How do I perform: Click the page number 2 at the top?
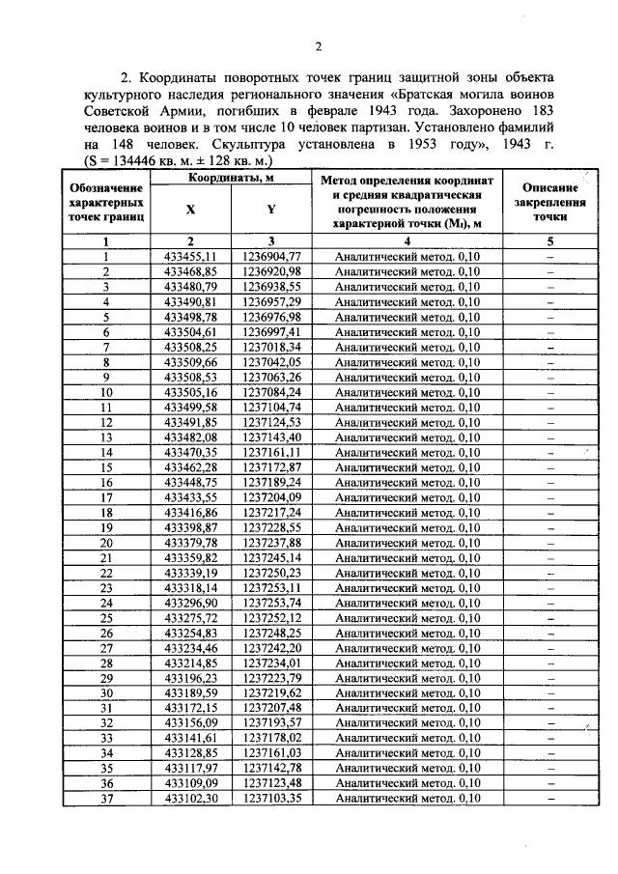click(317, 46)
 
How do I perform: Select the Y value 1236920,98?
click(272, 272)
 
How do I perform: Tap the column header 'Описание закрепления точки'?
click(549, 204)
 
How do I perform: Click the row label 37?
click(107, 799)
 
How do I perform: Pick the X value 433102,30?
click(190, 799)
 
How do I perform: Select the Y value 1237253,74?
click(272, 603)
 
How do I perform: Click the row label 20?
click(107, 543)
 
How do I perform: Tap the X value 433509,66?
click(190, 362)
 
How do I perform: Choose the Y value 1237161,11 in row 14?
click(272, 452)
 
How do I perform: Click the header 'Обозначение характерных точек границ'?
click(107, 204)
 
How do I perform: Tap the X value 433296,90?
click(190, 603)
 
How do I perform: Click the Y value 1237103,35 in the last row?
click(272, 799)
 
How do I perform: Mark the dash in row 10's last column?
click(549, 392)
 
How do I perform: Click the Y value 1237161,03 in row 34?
click(272, 753)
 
